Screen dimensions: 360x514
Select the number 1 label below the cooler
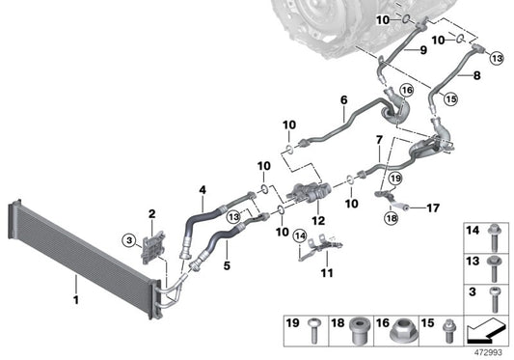(x=74, y=285)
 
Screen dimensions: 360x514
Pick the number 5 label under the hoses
(x=226, y=261)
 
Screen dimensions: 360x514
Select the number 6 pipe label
(x=343, y=99)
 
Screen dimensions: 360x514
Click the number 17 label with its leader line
(x=433, y=207)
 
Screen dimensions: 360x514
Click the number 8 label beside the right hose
(x=474, y=73)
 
